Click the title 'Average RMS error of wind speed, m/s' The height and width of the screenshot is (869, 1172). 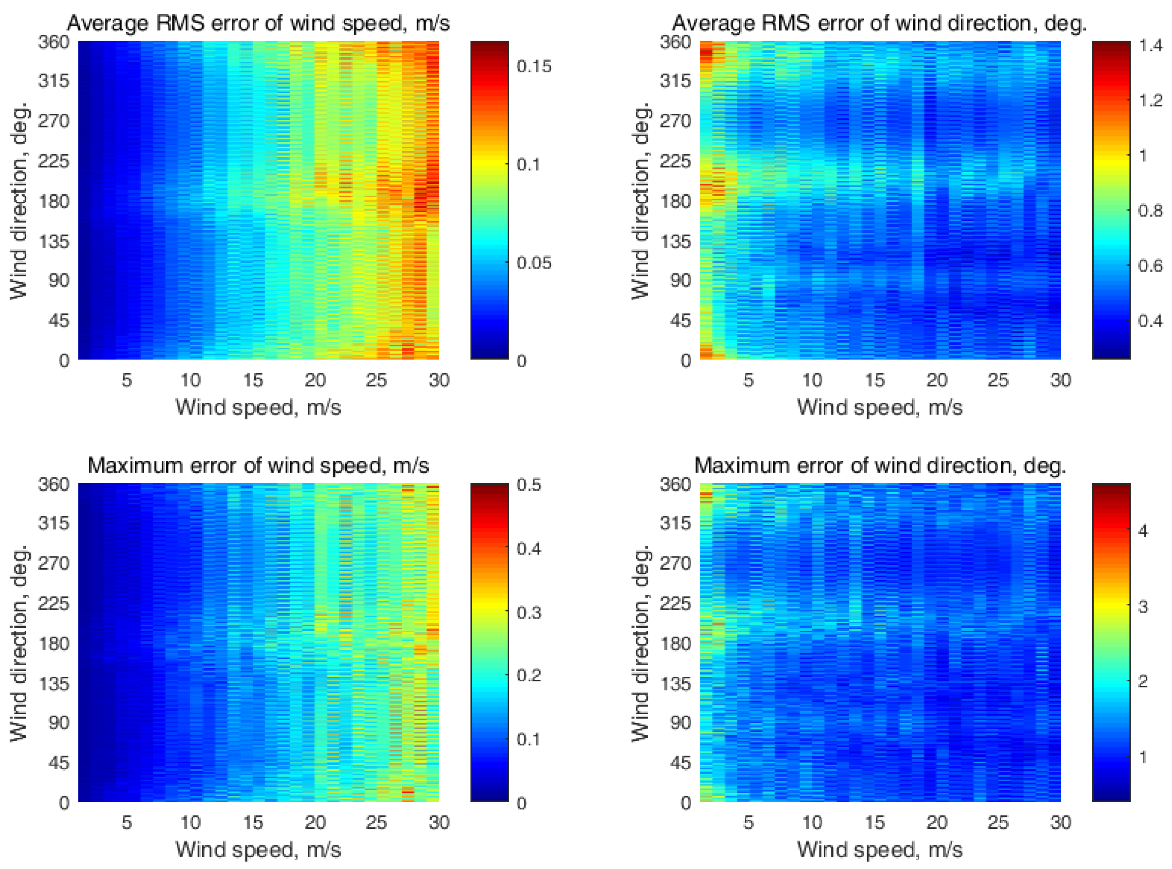(x=258, y=23)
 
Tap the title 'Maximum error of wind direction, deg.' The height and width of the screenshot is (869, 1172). (x=880, y=466)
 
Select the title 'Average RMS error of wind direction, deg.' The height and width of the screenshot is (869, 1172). (x=880, y=23)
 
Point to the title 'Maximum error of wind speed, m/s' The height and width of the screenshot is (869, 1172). (x=258, y=466)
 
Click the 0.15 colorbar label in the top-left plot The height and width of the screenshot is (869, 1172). (x=534, y=66)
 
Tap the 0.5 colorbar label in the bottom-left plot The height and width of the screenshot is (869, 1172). (x=529, y=484)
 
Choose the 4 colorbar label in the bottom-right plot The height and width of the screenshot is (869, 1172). (x=1142, y=531)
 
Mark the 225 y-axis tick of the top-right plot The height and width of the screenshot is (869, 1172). (x=675, y=161)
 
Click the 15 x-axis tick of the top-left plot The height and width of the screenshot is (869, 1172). (x=252, y=380)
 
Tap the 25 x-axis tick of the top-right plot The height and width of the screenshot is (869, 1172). (x=998, y=380)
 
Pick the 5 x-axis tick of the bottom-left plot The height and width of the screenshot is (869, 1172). (x=127, y=822)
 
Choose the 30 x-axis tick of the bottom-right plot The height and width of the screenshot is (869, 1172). (x=1060, y=822)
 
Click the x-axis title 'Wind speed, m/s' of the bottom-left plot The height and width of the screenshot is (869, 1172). (x=258, y=849)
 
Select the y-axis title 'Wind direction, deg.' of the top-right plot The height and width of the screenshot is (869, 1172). (x=641, y=201)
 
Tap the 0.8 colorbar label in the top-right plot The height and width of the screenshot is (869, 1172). (x=1151, y=211)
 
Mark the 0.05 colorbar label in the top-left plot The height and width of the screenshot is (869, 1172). (x=534, y=262)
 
